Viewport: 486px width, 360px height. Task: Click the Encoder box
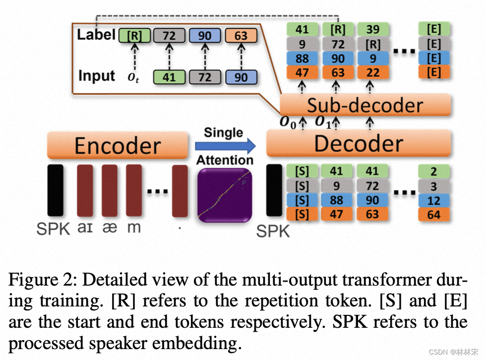click(118, 145)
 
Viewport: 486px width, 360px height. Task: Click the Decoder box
click(359, 143)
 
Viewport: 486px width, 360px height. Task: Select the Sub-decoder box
click(364, 105)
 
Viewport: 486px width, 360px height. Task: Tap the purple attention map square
click(225, 196)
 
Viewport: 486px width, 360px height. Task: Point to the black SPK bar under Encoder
click(55, 191)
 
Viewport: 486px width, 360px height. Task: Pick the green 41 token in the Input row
click(169, 77)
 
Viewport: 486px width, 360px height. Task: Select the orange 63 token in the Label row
click(241, 35)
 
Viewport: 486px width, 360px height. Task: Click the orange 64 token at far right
click(433, 215)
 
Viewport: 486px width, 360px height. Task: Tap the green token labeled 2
click(433, 172)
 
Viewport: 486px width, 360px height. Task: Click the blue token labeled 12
click(433, 200)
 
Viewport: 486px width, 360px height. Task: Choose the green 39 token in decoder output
click(372, 29)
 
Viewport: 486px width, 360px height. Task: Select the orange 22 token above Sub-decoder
click(372, 72)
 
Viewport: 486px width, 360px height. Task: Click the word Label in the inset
click(96, 35)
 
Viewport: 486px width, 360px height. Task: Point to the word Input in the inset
click(97, 76)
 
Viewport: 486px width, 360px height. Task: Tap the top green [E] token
click(433, 29)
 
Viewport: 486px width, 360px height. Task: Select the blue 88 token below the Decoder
click(337, 200)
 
